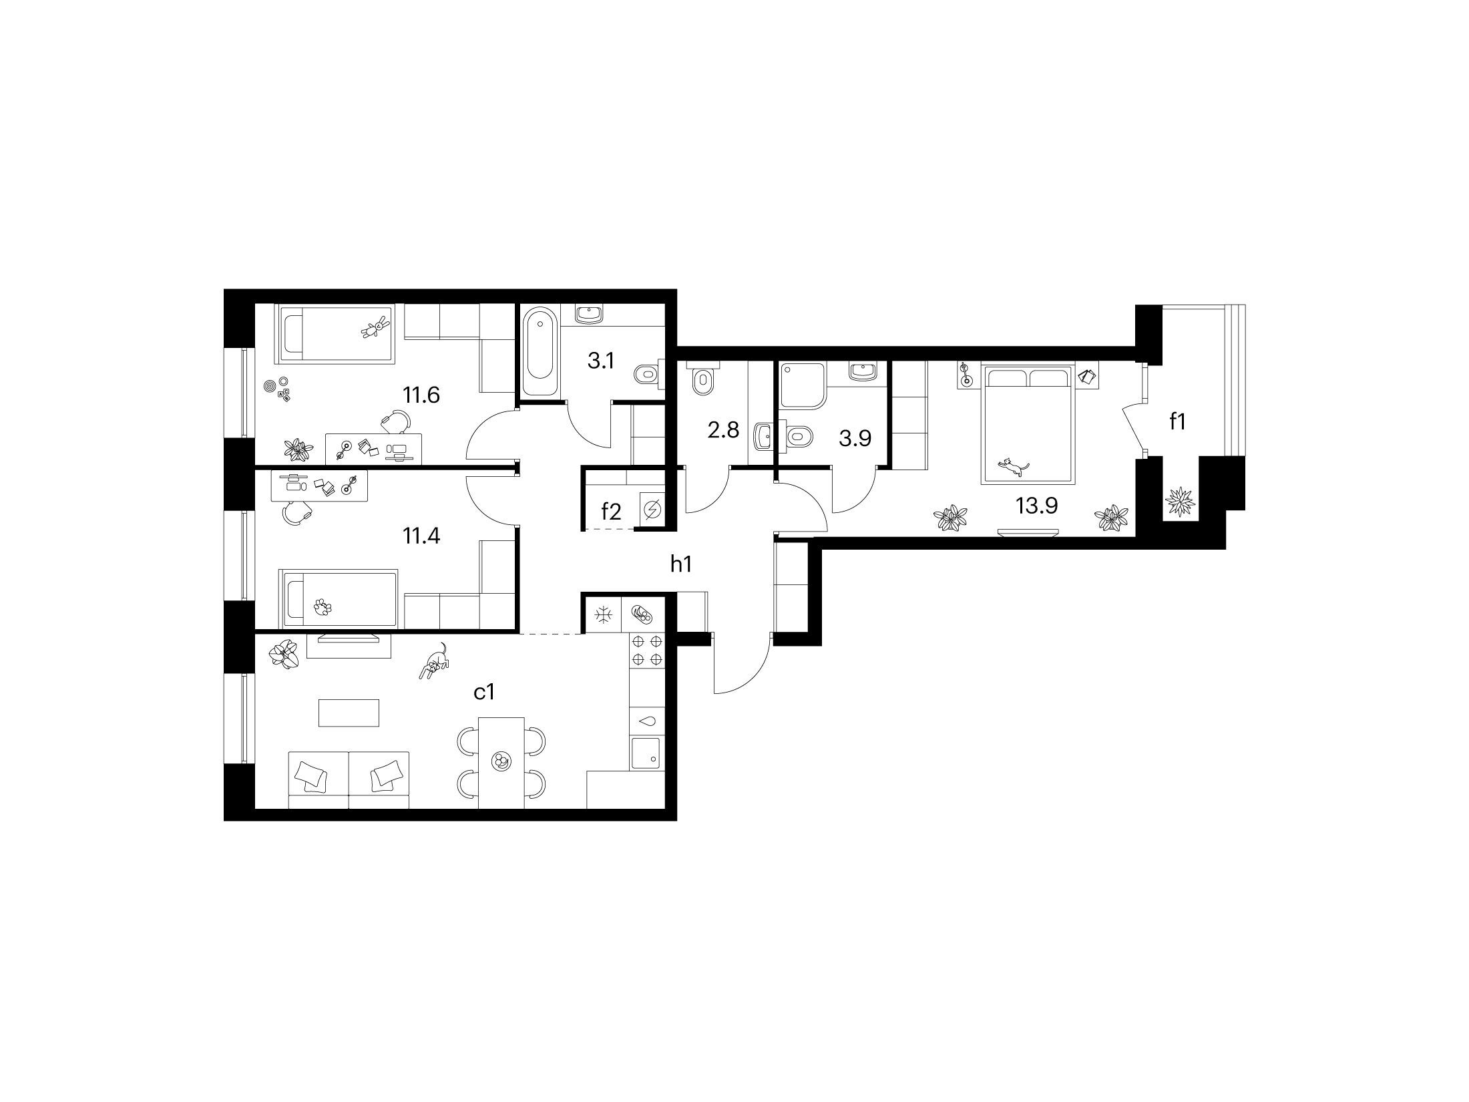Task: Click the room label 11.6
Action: (x=421, y=395)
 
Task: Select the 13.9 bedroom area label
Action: (x=1036, y=506)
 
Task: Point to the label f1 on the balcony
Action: (x=1177, y=421)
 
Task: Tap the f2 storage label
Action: (x=611, y=512)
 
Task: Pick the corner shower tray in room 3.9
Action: (x=803, y=385)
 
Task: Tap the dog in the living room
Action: (x=434, y=661)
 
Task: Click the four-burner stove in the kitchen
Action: (x=647, y=651)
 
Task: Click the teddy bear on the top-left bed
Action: (x=375, y=328)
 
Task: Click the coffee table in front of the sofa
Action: (x=349, y=713)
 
